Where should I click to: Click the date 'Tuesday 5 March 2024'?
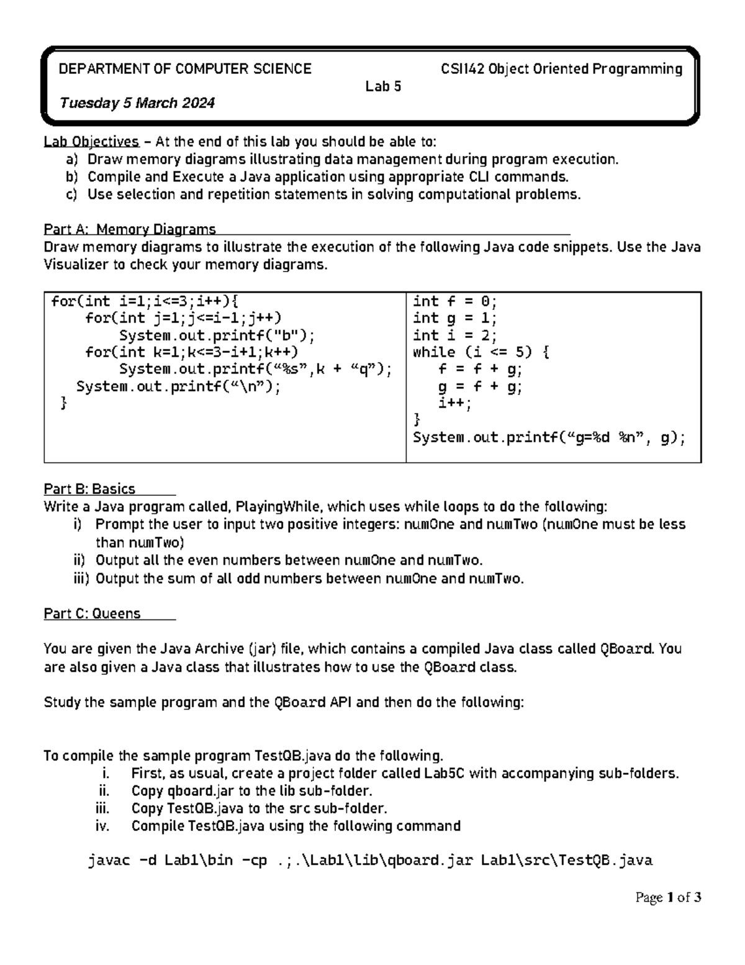137,103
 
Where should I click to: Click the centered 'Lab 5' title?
383,86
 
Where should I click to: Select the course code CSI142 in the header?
463,69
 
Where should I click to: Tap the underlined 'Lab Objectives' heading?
91,142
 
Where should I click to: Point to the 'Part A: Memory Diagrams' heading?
130,229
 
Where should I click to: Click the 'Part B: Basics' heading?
89,489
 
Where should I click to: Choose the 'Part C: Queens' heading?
92,614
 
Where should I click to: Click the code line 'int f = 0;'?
454,302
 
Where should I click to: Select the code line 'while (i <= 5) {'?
481,353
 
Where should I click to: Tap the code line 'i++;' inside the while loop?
455,404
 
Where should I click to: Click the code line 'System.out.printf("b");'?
217,336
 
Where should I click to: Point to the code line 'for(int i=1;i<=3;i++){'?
144,302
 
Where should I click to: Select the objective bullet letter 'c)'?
71,194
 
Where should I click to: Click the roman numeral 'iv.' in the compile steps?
102,826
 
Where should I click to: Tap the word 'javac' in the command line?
110,861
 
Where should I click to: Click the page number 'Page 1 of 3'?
668,897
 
